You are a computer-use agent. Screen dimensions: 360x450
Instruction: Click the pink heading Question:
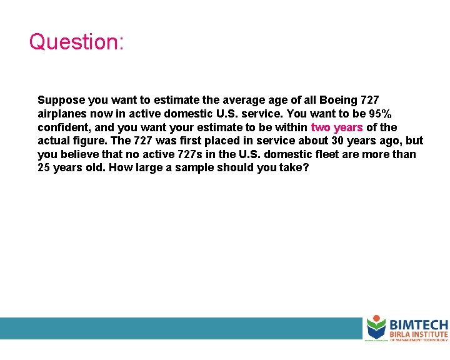tap(77, 42)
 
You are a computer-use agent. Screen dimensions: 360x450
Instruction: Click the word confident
tap(62, 127)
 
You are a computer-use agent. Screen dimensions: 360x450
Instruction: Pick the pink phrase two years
tap(336, 127)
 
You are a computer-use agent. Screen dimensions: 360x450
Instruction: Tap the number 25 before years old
tap(44, 167)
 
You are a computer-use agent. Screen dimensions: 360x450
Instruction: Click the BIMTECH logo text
tap(418, 325)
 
